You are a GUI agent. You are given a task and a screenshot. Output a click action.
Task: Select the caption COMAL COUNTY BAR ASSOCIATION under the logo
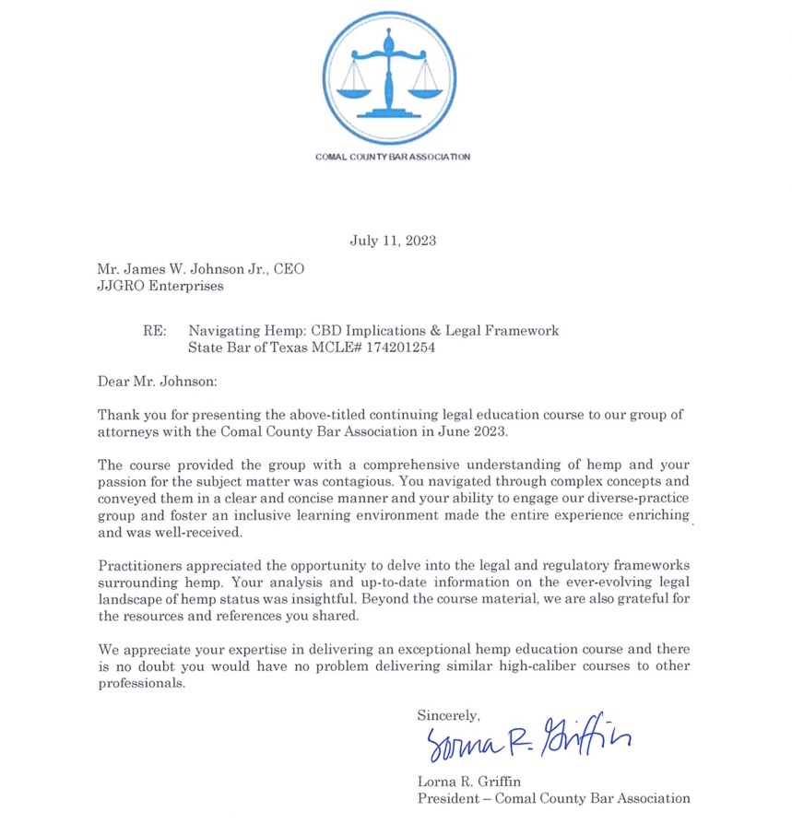pos(393,157)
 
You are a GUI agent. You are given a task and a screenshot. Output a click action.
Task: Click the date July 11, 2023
pos(393,241)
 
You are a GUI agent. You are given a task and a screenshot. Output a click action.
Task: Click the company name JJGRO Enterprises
pos(160,286)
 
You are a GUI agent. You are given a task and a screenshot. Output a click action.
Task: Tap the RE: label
pos(154,331)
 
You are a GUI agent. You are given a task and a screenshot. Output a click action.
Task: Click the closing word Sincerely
pos(448,714)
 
